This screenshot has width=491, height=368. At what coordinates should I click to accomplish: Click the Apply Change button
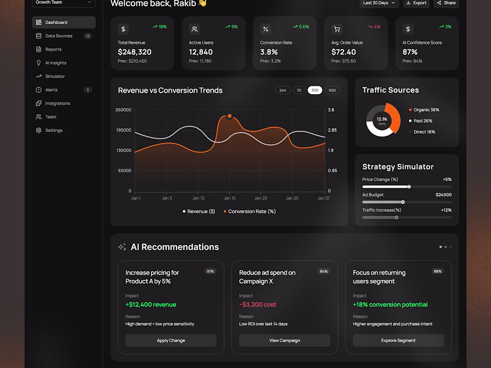pos(171,340)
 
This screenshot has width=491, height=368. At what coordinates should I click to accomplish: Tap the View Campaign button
pos(285,340)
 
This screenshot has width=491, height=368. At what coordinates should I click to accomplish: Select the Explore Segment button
pos(398,340)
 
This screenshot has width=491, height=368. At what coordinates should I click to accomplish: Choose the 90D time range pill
pos(332,91)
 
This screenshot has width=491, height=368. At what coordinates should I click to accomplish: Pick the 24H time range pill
pos(283,91)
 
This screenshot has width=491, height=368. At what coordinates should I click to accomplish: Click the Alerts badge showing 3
pos(87,90)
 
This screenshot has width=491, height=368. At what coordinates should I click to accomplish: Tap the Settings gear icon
pos(38,131)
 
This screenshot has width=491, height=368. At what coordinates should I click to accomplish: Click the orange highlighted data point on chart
pos(229,116)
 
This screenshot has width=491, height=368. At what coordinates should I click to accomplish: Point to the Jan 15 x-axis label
pos(229,198)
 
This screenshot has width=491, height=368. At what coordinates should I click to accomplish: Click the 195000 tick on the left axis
pos(124,130)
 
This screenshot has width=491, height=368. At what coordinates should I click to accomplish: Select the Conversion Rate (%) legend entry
pos(250,211)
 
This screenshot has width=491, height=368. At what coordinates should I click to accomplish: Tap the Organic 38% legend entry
pos(424,110)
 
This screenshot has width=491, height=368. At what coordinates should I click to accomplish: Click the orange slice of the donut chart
pos(395,117)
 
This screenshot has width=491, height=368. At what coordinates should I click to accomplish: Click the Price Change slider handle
pos(409,187)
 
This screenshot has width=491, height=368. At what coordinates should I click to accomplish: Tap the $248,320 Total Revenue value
pos(135,52)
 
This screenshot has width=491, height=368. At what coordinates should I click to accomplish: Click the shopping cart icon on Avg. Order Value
pos(337,29)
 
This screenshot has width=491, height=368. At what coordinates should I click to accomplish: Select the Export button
pos(416,3)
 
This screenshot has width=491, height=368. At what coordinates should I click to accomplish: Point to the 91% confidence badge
pos(210,271)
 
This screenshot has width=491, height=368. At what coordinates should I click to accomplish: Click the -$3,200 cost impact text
pos(258,305)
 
